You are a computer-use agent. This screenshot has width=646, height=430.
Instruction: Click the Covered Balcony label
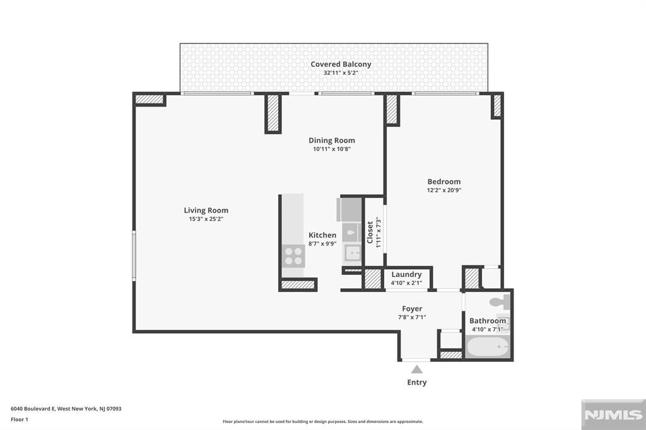(341, 64)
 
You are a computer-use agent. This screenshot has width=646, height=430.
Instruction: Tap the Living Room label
(206, 211)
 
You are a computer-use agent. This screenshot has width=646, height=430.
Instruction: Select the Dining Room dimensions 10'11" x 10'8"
(331, 149)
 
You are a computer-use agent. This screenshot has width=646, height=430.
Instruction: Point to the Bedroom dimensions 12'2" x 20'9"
(443, 190)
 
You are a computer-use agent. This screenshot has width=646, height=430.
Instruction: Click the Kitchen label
(322, 235)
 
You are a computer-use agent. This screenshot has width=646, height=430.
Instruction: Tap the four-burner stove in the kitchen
(293, 255)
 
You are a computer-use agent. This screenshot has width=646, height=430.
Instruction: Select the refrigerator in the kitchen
(350, 208)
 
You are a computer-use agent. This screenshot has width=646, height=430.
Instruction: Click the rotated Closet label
(370, 232)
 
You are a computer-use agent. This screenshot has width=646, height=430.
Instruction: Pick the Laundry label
(406, 274)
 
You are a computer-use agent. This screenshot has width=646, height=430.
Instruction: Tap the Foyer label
(412, 309)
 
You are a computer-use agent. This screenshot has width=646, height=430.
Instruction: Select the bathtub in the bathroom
(488, 347)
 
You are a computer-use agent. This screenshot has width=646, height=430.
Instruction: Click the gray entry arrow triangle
(416, 369)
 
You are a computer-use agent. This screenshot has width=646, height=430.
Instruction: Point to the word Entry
(416, 382)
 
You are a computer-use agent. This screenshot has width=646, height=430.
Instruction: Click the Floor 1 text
(20, 419)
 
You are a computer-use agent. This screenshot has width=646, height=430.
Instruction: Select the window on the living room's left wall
(134, 255)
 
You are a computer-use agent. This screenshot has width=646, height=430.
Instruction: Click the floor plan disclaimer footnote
(322, 422)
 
